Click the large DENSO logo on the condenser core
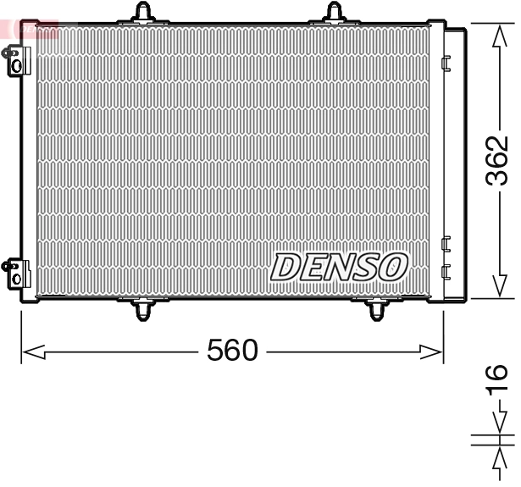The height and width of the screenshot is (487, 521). tap(340, 267)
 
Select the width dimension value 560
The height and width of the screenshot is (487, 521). tap(232, 349)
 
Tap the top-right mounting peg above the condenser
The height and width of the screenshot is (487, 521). tap(336, 11)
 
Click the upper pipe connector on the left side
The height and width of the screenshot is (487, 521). tap(14, 60)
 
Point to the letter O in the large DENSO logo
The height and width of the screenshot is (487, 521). tap(392, 267)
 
